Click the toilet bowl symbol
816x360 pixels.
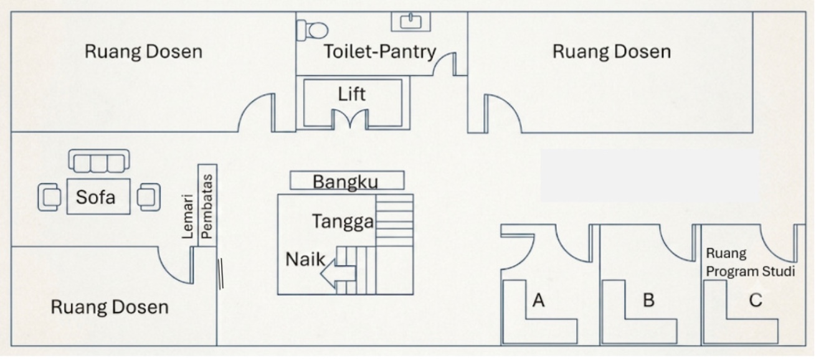pyautogui.click(x=312, y=30)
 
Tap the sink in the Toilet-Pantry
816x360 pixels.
pyautogui.click(x=411, y=22)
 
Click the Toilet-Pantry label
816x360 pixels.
pyautogui.click(x=380, y=51)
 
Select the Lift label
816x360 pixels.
pyautogui.click(x=351, y=94)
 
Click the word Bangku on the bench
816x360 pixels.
pyautogui.click(x=345, y=182)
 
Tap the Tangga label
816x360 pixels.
pyautogui.click(x=343, y=222)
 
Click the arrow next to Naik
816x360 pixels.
pyautogui.click(x=338, y=273)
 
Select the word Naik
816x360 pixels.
pyautogui.click(x=305, y=260)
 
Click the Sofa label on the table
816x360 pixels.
pyautogui.click(x=95, y=197)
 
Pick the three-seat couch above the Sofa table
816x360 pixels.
pyautogui.click(x=98, y=161)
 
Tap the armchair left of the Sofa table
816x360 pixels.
pyautogui.click(x=50, y=197)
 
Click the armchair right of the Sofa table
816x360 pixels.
pyautogui.click(x=149, y=197)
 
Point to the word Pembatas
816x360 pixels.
pyautogui.click(x=207, y=207)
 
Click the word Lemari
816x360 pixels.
pyautogui.click(x=187, y=217)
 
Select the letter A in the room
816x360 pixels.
pyautogui.click(x=539, y=300)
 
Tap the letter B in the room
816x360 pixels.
pyautogui.click(x=648, y=300)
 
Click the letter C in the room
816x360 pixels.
pyautogui.click(x=756, y=300)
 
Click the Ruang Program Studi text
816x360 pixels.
pyautogui.click(x=751, y=262)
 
